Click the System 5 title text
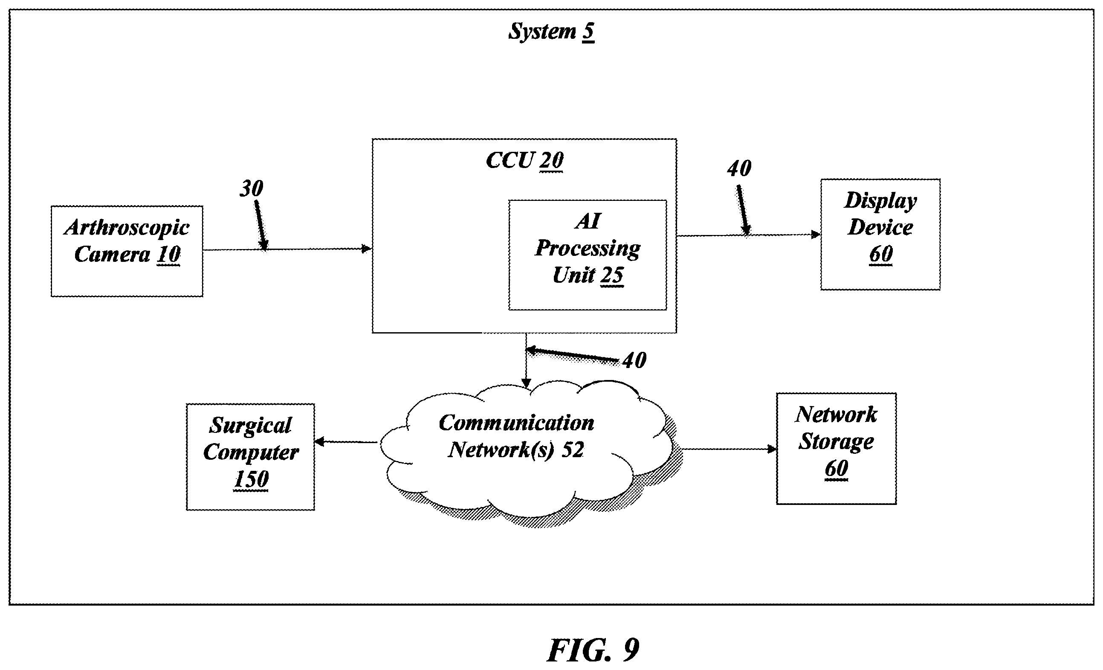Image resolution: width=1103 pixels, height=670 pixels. pos(552,32)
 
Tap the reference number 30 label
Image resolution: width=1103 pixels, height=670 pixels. pos(251,189)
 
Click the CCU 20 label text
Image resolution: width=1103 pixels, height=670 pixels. pos(525,160)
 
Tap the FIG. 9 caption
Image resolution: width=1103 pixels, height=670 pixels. pos(593,650)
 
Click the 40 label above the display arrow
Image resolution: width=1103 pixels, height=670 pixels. pos(739,169)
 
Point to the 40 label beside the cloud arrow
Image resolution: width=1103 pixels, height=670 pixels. pos(634,360)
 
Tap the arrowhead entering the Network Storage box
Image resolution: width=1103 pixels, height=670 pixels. pos(772,449)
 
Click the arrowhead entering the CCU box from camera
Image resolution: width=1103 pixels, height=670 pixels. pos(367,249)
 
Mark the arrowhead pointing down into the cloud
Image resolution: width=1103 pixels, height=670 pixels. pos(527,383)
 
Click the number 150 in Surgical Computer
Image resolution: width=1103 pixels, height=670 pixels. pos(251,479)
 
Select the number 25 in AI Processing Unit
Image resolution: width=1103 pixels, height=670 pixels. pos(611,276)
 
